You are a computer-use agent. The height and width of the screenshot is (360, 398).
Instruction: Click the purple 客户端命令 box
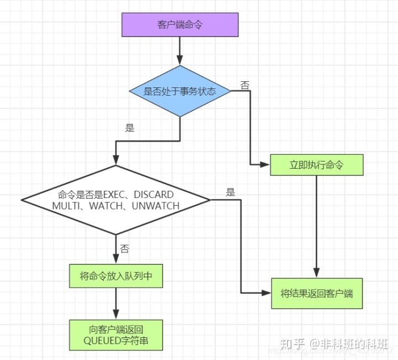click(x=180, y=25)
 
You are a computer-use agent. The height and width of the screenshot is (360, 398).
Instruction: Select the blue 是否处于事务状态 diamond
click(x=180, y=91)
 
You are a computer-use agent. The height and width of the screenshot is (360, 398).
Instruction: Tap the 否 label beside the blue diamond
click(x=244, y=85)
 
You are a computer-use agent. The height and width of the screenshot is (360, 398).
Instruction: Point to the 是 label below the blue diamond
click(x=130, y=128)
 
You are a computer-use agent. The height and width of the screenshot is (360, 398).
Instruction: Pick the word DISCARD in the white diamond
click(x=154, y=195)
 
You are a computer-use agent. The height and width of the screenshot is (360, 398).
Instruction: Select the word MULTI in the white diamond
click(x=65, y=206)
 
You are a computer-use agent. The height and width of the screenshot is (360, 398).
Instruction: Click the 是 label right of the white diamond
click(x=231, y=192)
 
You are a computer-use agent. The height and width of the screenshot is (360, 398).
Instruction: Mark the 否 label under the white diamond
click(x=124, y=249)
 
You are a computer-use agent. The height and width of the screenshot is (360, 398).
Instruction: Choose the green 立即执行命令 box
click(x=316, y=165)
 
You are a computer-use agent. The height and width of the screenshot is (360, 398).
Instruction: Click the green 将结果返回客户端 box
click(x=316, y=293)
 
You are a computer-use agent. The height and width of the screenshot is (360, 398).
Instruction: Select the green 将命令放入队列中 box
click(x=116, y=275)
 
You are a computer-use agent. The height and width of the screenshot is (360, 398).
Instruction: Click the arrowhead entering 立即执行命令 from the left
click(x=266, y=165)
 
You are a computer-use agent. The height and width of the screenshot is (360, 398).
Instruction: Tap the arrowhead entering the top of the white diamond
click(x=116, y=160)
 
